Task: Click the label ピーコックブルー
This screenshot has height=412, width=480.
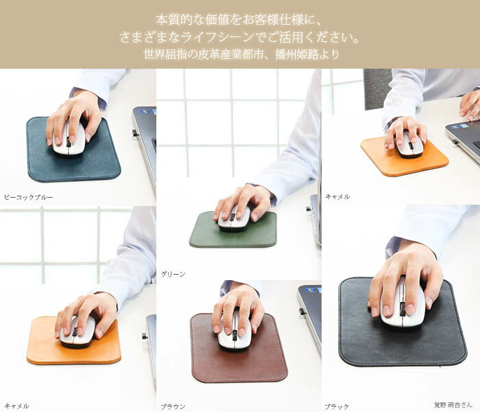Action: coord(29,198)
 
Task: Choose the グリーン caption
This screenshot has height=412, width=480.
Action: coord(173,274)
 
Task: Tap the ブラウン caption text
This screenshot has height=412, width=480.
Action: coord(173,407)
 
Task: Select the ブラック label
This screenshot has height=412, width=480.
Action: coord(337,407)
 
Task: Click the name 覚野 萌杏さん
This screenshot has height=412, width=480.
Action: coord(453,404)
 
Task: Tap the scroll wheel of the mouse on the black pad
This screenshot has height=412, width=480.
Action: coord(403,309)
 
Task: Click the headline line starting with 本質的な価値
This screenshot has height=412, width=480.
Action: coord(239,20)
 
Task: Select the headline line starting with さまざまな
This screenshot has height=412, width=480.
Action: coord(239,37)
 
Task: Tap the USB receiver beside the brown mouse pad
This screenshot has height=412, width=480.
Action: coord(302,312)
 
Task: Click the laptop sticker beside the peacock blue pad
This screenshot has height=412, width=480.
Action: coord(145,111)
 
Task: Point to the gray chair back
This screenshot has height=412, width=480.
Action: coord(377,89)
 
